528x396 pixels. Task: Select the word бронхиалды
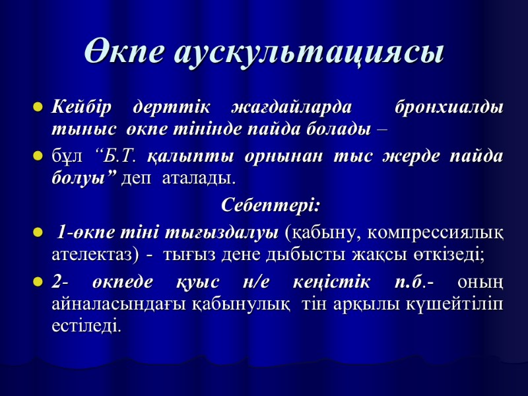coord(448,106)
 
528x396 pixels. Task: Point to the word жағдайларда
coord(292,107)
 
